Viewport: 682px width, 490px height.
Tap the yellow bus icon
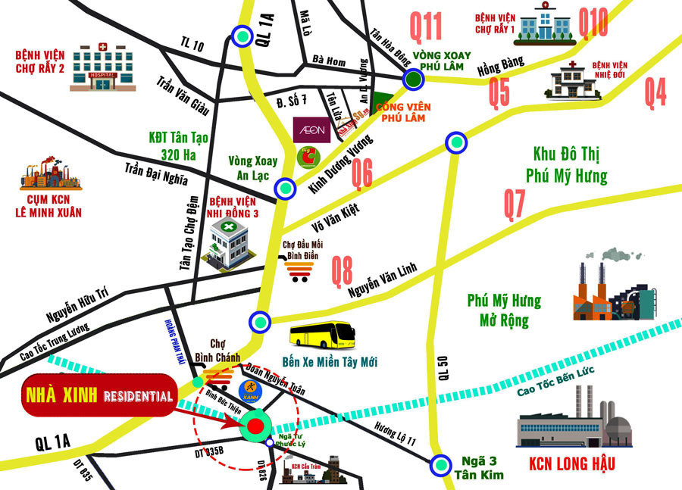point(323,335)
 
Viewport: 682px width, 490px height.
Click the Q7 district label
point(515,204)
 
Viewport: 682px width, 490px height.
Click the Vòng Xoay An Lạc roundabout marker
point(284,188)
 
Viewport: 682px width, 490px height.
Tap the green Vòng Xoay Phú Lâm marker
point(411,80)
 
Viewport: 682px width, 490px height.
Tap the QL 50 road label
point(446,367)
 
